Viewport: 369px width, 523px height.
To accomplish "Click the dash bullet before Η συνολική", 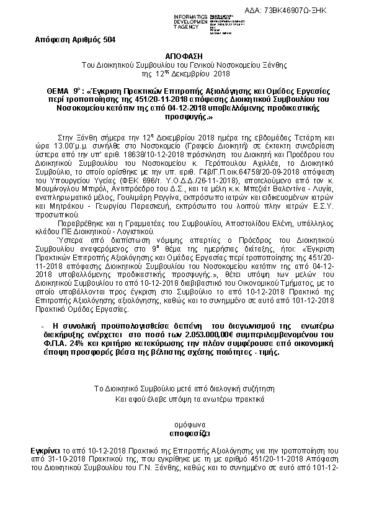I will click(41, 325).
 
